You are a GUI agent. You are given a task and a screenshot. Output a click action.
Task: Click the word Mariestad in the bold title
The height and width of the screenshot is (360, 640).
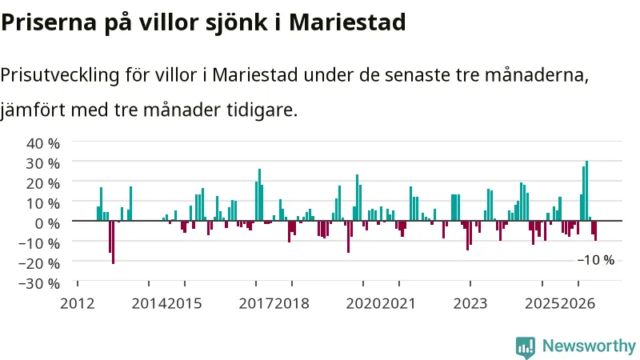coord(347,22)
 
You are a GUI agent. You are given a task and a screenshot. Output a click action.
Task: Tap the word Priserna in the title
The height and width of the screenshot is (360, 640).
coord(49,22)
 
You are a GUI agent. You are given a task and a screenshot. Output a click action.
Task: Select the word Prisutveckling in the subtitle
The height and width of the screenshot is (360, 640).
coord(60,75)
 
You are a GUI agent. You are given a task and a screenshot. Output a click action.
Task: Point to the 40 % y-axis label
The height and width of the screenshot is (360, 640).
coord(43,143)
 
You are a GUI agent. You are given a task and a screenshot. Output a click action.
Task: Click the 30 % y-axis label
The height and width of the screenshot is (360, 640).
coord(43,163)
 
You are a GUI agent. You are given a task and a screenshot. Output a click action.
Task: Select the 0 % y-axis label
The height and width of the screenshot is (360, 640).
coord(47,223)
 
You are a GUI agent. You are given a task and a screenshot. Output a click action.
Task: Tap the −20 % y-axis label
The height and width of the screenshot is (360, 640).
coord(39,263)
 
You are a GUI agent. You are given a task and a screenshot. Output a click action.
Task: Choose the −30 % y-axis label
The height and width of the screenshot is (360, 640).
coord(39,283)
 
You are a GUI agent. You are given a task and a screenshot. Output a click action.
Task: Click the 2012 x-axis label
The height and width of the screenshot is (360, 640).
coord(77,304)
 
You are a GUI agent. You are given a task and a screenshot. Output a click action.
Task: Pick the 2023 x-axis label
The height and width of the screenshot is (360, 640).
coord(470,304)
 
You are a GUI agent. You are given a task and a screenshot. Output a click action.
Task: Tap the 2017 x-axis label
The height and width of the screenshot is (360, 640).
coord(256,304)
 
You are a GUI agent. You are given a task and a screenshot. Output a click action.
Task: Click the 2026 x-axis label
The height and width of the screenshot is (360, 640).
coord(578,304)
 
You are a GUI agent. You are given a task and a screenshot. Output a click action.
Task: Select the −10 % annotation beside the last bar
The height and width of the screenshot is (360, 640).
coord(596,260)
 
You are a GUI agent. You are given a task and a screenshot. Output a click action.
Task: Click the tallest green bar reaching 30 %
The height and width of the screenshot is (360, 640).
coord(587,190)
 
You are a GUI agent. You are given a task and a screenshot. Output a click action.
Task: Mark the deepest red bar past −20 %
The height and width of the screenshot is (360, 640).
coord(113,242)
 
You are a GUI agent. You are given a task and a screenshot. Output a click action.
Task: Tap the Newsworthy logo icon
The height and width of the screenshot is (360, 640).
coord(526,348)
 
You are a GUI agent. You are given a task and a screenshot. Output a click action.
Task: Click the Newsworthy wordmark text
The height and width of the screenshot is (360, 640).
coord(589,346)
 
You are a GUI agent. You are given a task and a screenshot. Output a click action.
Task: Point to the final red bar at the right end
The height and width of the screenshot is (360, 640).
coord(595,230)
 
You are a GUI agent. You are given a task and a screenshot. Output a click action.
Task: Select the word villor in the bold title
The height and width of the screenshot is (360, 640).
coord(169,22)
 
